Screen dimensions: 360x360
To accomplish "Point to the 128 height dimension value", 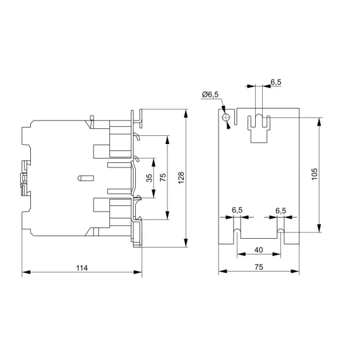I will tap(181, 179).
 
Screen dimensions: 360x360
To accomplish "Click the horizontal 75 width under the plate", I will tap(258, 268).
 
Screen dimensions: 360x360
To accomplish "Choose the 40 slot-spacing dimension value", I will tap(258, 250).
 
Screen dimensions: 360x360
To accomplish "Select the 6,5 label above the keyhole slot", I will tap(276, 82).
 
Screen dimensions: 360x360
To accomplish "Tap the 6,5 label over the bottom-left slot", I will tap(237, 210).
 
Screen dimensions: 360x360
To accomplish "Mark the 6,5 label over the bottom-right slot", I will tap(281, 210).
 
